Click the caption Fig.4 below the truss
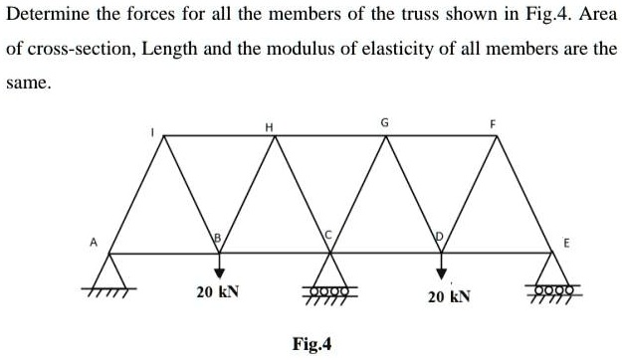click(x=312, y=345)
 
